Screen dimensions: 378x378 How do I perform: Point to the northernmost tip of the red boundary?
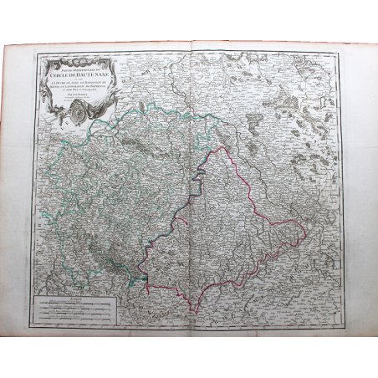[220, 148]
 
